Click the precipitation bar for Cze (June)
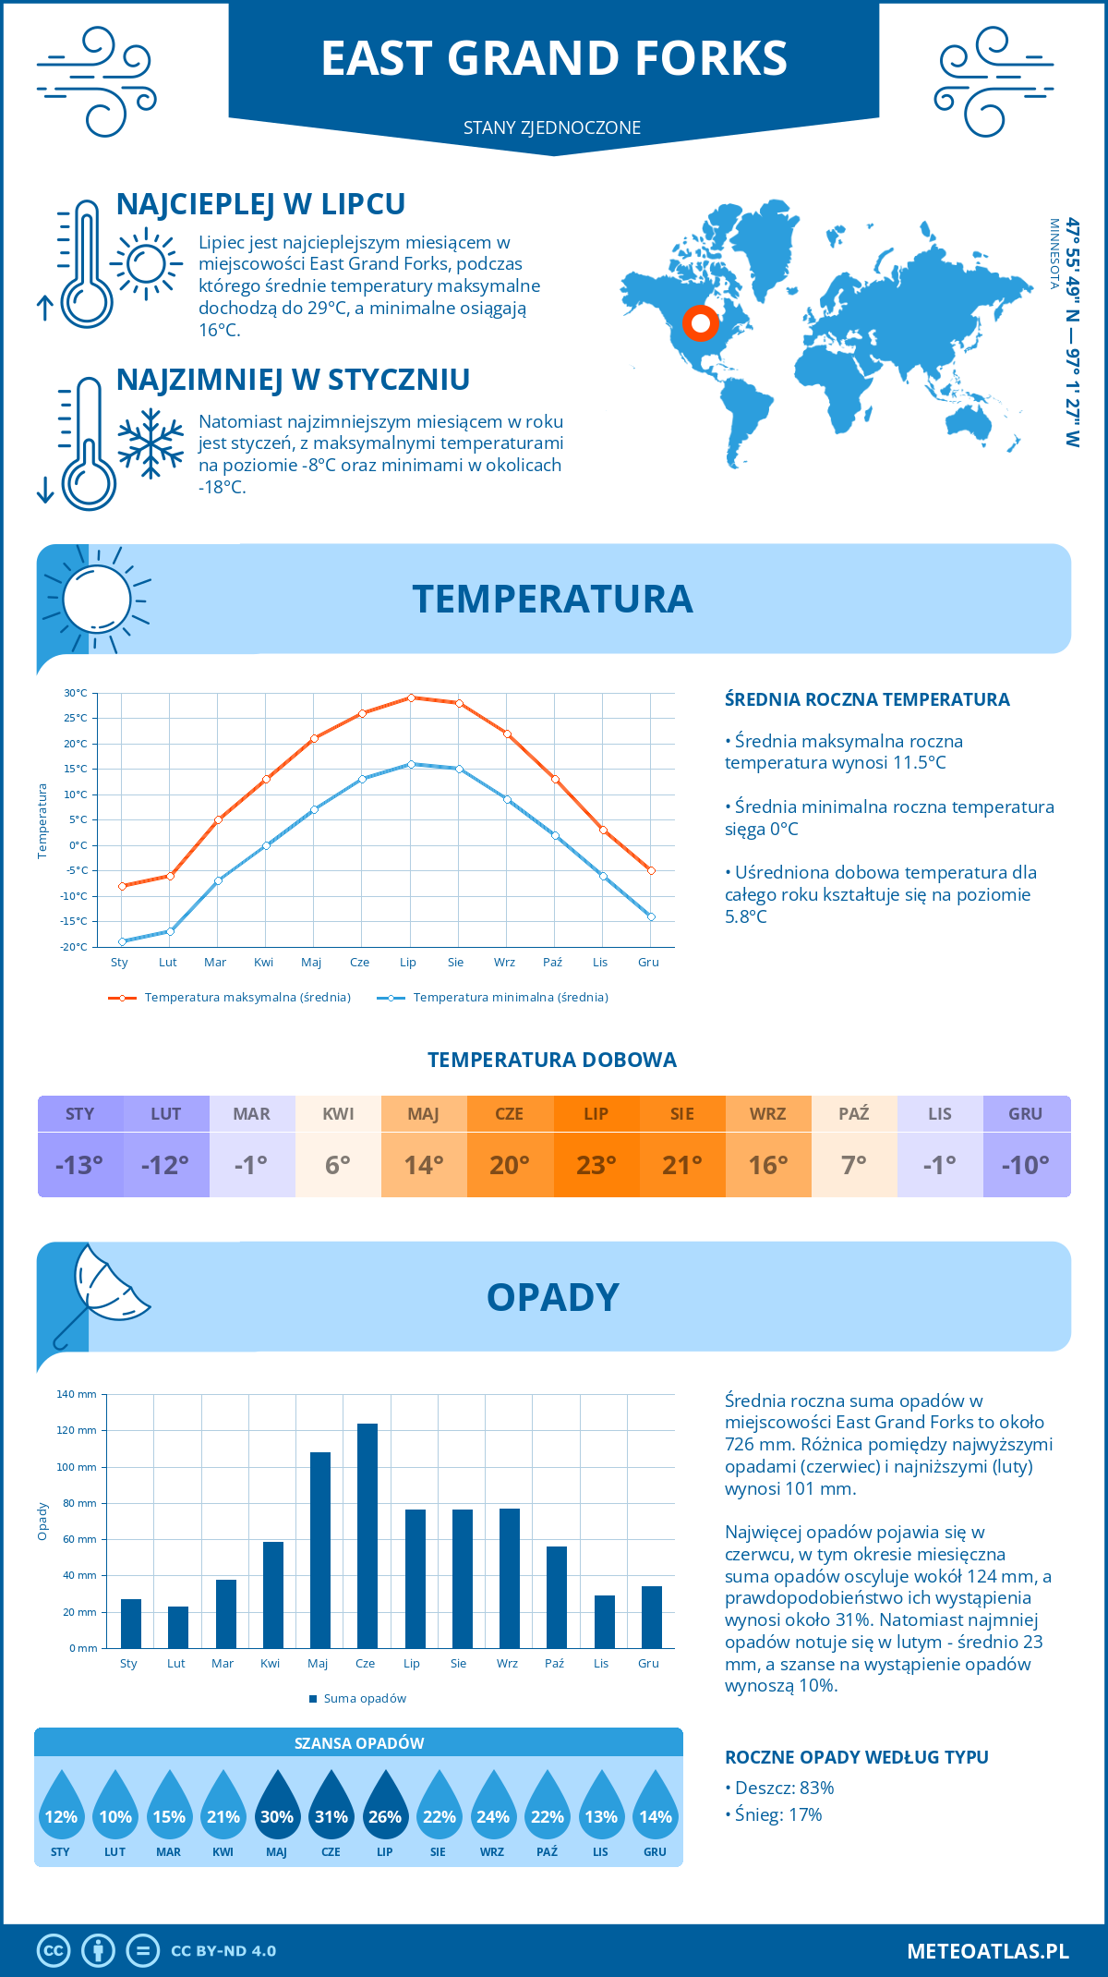[367, 1535]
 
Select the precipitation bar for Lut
[178, 1627]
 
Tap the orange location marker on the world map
[701, 323]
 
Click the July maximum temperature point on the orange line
[411, 697]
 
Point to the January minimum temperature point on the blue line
[122, 941]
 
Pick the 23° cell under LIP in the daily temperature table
[596, 1165]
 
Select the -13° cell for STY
[79, 1165]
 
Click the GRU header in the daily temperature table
[1026, 1113]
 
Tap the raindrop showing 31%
[331, 1805]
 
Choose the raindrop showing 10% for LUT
[115, 1805]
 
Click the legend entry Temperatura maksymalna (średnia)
[247, 998]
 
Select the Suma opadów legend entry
[364, 1698]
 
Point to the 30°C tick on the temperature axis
[76, 693]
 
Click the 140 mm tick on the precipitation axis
[77, 1394]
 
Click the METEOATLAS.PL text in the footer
[987, 1951]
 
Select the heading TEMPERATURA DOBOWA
[552, 1060]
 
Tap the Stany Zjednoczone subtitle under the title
[552, 127]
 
